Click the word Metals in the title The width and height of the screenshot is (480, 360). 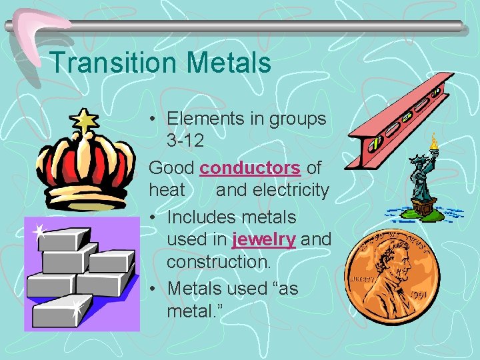229,63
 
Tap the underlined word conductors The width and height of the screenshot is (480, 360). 250,168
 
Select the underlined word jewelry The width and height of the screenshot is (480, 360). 264,239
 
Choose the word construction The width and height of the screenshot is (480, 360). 219,262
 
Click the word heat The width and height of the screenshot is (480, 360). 167,191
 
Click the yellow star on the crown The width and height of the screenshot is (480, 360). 85,121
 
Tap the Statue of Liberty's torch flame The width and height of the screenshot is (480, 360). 434,141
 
